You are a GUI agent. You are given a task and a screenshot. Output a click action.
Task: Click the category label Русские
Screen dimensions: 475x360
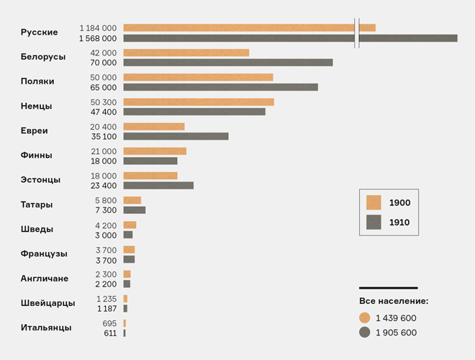39,32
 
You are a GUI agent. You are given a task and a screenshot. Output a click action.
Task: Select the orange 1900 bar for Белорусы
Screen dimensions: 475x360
186,53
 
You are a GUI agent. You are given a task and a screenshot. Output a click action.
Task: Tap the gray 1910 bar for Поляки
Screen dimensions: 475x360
221,87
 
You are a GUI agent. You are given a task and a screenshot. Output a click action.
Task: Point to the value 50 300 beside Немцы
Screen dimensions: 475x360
104,102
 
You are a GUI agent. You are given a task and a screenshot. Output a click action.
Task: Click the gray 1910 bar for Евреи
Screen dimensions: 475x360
176,136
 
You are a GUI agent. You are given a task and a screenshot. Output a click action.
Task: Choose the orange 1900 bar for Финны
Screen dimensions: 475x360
155,151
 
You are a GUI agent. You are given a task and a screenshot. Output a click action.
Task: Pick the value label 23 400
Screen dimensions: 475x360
104,186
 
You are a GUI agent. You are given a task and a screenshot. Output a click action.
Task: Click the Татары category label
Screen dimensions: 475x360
37,204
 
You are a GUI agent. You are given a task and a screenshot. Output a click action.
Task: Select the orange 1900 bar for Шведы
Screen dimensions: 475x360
130,225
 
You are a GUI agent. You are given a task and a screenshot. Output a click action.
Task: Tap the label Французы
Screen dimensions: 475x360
44,253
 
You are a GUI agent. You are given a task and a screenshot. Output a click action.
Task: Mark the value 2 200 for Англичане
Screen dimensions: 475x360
106,284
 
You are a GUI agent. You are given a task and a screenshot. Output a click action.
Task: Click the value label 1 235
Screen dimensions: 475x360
107,299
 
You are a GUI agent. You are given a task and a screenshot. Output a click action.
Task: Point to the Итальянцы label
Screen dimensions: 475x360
46,328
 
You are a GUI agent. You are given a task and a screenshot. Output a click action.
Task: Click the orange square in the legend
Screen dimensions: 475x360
374,203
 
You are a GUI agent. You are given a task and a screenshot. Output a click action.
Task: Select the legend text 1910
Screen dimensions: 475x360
399,222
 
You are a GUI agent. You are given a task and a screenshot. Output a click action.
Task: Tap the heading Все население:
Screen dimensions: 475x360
394,301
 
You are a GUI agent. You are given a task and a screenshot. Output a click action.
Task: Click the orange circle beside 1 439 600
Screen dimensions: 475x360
365,318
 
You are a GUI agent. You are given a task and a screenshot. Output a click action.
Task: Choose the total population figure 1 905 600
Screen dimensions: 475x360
396,333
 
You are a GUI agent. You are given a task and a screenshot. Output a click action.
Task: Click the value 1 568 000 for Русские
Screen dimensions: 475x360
98,38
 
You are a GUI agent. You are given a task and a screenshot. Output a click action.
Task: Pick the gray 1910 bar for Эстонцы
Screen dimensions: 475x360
158,186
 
